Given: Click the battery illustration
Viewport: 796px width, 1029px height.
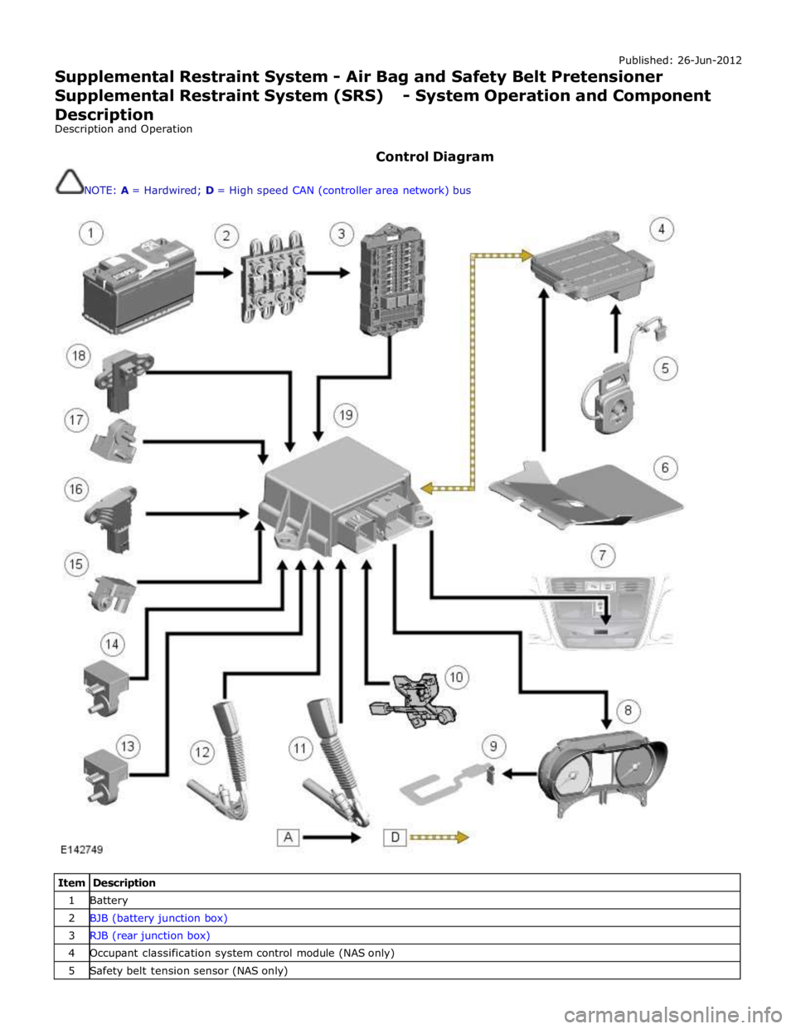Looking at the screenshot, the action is tap(138, 286).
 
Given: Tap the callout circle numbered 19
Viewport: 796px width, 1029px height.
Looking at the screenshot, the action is tap(347, 416).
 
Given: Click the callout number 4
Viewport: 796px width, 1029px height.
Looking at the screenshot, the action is tap(662, 229).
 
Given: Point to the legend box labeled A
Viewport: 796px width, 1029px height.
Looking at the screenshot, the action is tap(288, 838).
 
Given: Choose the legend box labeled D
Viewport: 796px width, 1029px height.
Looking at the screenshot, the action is tap(395, 838).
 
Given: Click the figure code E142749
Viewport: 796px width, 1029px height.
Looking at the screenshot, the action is tap(82, 849).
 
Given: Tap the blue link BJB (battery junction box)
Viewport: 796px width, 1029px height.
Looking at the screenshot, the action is tap(158, 918).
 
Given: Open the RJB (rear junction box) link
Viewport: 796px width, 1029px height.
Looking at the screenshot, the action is tap(150, 935).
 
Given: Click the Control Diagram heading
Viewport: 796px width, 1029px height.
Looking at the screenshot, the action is tap(434, 157).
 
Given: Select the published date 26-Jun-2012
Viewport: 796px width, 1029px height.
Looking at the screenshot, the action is tap(709, 60).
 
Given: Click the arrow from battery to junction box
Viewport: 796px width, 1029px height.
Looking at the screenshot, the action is tap(215, 273).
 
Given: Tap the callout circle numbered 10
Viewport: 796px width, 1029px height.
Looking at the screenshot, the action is tap(456, 677).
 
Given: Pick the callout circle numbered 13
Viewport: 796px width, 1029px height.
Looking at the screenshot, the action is tap(128, 746).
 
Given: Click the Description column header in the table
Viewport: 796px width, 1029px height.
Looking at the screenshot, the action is tap(124, 882).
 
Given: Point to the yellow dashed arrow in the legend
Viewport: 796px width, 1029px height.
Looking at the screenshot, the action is tap(439, 838).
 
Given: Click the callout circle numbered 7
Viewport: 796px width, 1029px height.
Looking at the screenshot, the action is tap(603, 555).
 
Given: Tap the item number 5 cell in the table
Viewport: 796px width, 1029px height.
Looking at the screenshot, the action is tap(71, 970).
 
